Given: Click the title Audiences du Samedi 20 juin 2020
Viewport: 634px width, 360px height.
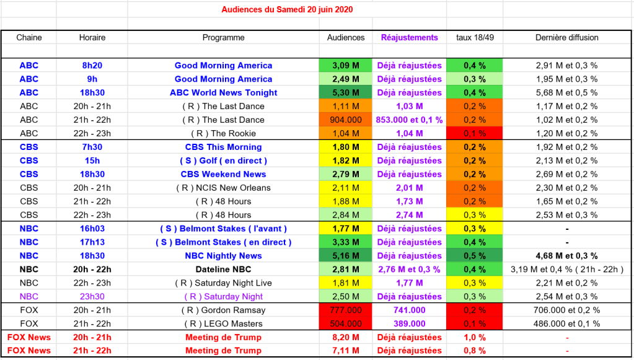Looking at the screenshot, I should coord(288,10).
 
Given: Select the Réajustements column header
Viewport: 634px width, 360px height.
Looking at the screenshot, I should coord(409,37).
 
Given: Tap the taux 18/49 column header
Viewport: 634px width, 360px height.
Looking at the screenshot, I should coord(474,37).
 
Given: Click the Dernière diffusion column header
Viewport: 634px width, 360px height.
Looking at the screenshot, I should coord(566,37).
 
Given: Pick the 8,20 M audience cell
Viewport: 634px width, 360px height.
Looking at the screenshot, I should coord(346,338).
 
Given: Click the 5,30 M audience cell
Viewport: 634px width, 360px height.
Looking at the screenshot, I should coord(346,92).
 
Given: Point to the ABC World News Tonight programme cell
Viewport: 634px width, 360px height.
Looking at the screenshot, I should coord(223,92).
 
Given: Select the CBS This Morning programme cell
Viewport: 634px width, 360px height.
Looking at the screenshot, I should coord(223,147).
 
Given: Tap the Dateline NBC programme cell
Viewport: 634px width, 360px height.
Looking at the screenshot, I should coord(223,270).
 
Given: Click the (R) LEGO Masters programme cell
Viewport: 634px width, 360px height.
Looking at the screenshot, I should coord(223,324).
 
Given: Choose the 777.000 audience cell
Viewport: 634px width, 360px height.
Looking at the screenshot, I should coord(346,310).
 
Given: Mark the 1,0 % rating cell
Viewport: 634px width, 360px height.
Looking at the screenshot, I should coord(474,338).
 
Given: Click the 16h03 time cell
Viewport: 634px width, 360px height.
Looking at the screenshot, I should coord(92,229).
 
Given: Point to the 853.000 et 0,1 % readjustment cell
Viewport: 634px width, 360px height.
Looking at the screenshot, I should coord(409,120).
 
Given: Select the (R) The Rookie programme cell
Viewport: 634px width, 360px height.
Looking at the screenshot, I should coord(223,133).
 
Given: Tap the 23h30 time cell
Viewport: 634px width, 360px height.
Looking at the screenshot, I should coord(92,297).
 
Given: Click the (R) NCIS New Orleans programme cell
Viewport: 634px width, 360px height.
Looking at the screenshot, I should coord(223,188).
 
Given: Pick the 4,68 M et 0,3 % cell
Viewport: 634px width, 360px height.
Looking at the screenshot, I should coord(566,256).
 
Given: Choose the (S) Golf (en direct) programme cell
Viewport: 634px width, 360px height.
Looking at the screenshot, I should coord(223,160).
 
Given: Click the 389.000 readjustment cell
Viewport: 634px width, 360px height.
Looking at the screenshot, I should coord(409,324).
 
